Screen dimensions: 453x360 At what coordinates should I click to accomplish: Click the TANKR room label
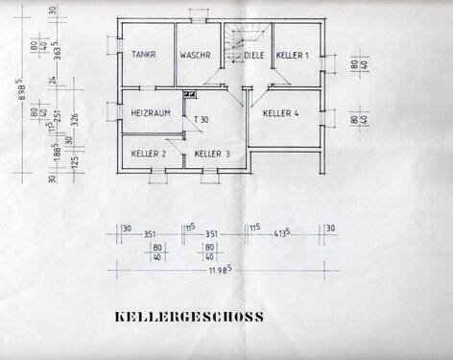point(146,56)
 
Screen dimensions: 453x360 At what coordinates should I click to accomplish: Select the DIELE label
point(253,56)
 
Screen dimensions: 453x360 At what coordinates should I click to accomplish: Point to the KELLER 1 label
point(292,56)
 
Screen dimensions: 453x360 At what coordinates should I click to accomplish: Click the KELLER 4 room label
point(281,113)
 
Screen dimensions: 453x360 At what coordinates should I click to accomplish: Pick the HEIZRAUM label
point(150,114)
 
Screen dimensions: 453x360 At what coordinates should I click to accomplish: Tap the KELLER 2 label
point(149,154)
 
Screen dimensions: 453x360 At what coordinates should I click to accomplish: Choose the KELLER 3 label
point(212,154)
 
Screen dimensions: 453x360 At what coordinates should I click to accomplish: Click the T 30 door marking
point(203,120)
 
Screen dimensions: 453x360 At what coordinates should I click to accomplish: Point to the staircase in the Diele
point(234,42)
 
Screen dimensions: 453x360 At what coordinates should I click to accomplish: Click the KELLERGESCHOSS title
point(189,317)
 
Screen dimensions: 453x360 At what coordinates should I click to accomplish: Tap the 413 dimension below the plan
point(282,233)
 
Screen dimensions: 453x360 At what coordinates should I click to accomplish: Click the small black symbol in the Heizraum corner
point(188,94)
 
